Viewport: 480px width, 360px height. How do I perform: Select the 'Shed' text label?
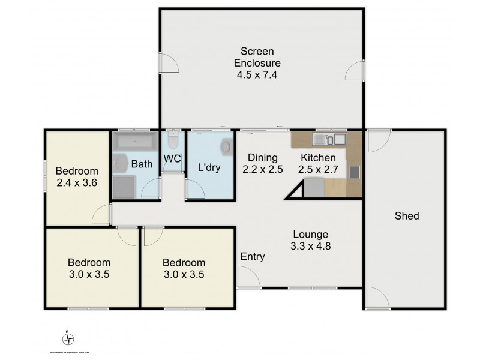[406, 216]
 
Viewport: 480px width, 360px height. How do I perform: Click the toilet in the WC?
[173, 141]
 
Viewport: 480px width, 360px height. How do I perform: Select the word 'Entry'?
[253, 257]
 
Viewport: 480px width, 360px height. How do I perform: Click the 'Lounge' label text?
[311, 234]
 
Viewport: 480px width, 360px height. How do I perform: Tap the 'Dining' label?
[262, 158]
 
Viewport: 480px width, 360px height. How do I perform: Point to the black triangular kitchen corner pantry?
[297, 192]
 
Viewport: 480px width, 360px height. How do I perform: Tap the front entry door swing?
[247, 278]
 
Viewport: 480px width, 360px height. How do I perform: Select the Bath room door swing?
[151, 188]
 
